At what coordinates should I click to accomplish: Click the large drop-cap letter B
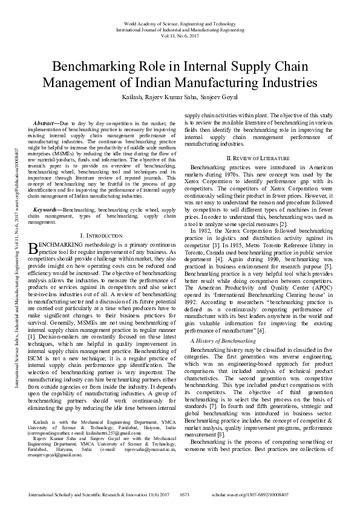tap(33, 248)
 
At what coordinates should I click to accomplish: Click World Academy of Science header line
tap(180, 23)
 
